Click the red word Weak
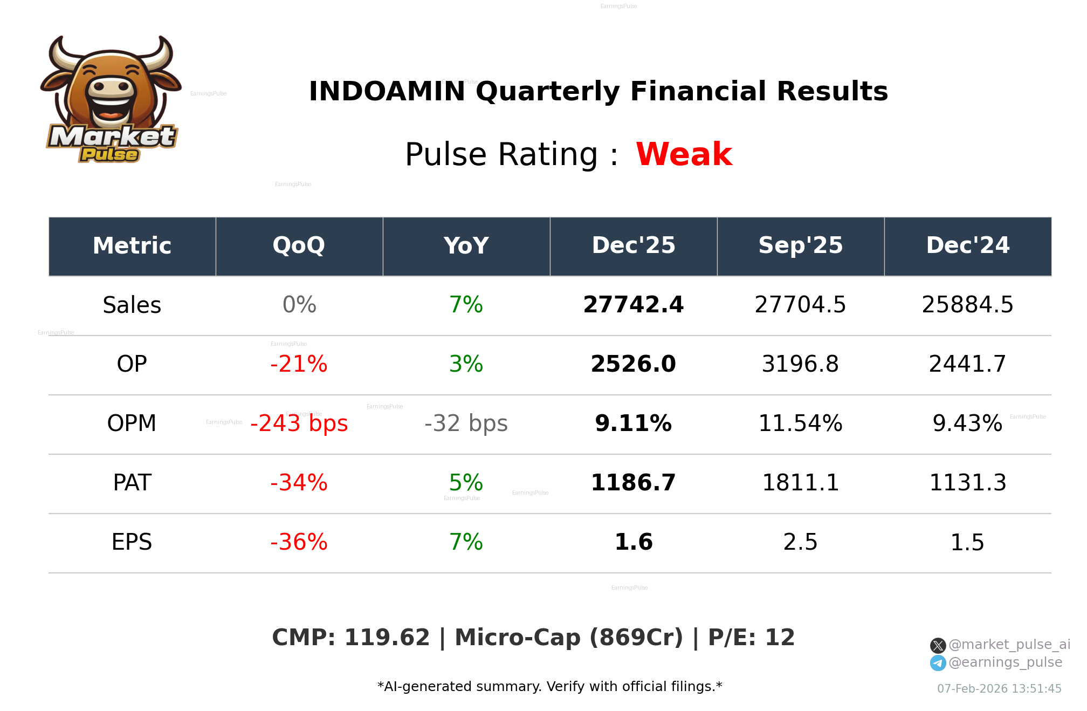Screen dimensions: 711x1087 pyautogui.click(x=684, y=154)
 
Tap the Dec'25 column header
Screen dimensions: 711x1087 pyautogui.click(x=634, y=245)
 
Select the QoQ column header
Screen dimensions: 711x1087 pyautogui.click(x=299, y=245)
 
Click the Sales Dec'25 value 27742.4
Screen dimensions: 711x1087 pyautogui.click(x=634, y=305)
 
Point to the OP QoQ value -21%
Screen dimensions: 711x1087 pyautogui.click(x=299, y=364)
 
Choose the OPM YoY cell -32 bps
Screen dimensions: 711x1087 pyautogui.click(x=466, y=423)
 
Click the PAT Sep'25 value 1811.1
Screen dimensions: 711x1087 pyautogui.click(x=801, y=483)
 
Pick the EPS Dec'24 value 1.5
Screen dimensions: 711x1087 pyautogui.click(x=967, y=542)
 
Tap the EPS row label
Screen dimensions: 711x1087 pyautogui.click(x=132, y=542)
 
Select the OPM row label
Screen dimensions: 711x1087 pyautogui.click(x=132, y=423)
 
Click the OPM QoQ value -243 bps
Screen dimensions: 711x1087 pyautogui.click(x=299, y=423)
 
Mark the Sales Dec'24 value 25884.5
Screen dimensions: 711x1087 pyautogui.click(x=967, y=305)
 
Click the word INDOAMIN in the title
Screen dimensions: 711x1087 pyautogui.click(x=387, y=91)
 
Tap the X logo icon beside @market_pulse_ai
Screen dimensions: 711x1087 pyautogui.click(x=938, y=645)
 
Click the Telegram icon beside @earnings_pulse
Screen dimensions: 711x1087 pyautogui.click(x=938, y=663)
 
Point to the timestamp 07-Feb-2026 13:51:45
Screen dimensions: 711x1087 pyautogui.click(x=999, y=689)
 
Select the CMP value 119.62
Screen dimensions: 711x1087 pyautogui.click(x=387, y=638)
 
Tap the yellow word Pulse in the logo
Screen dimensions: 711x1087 pyautogui.click(x=109, y=155)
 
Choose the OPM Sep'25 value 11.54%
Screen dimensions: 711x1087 pyautogui.click(x=801, y=423)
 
